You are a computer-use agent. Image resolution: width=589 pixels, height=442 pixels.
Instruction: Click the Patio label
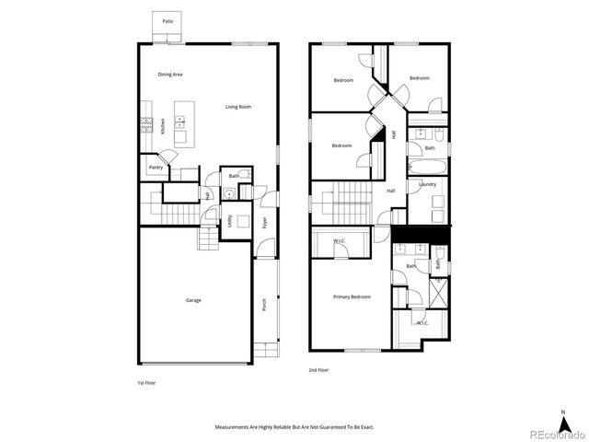[167, 20]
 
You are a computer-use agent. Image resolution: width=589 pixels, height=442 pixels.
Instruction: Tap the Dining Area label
[169, 74]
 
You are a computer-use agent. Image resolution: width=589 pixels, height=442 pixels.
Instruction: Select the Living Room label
[238, 107]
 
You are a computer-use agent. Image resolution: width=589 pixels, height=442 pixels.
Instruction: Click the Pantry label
[156, 168]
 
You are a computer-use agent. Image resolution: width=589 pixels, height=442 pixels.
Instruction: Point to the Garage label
[193, 300]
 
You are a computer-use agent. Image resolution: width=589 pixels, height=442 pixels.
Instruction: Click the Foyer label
[264, 223]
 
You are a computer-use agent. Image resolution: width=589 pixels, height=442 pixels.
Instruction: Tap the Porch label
[264, 304]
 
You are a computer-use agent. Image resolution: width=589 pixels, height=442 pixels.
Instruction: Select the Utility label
[229, 221]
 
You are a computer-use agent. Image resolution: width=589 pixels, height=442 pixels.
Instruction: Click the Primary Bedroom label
[352, 297]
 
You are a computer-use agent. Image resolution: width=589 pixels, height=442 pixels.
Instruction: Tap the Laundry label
[427, 184]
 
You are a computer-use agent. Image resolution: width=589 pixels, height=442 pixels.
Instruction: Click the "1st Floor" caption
[147, 381]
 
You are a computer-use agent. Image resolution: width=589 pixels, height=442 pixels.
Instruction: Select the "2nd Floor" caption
[318, 370]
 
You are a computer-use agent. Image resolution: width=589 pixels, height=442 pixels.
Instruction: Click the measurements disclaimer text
[294, 427]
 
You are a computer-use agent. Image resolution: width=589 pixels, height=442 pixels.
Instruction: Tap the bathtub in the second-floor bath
[426, 168]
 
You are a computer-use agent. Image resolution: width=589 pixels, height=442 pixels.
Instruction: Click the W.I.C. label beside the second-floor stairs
[339, 242]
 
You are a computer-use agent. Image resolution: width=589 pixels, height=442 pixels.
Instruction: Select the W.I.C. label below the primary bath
[422, 323]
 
